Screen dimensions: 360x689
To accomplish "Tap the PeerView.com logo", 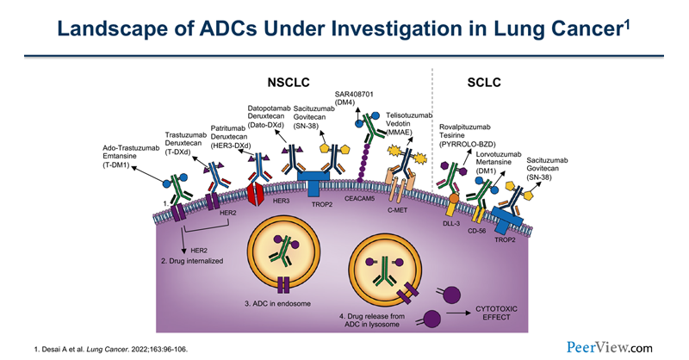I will click(x=610, y=346).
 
